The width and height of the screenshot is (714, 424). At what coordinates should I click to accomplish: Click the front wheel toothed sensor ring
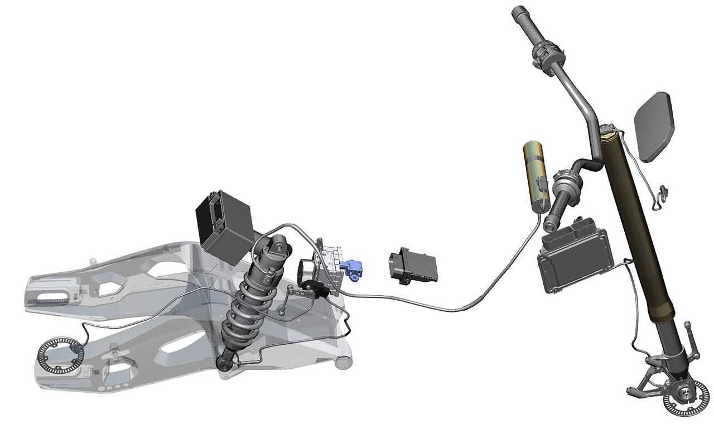click(x=685, y=397)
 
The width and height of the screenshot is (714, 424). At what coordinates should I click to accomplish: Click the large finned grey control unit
click(x=575, y=258)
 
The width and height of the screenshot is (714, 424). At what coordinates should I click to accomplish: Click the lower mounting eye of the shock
click(x=224, y=365)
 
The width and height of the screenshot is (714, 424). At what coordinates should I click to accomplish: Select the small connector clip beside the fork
click(x=662, y=193)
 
